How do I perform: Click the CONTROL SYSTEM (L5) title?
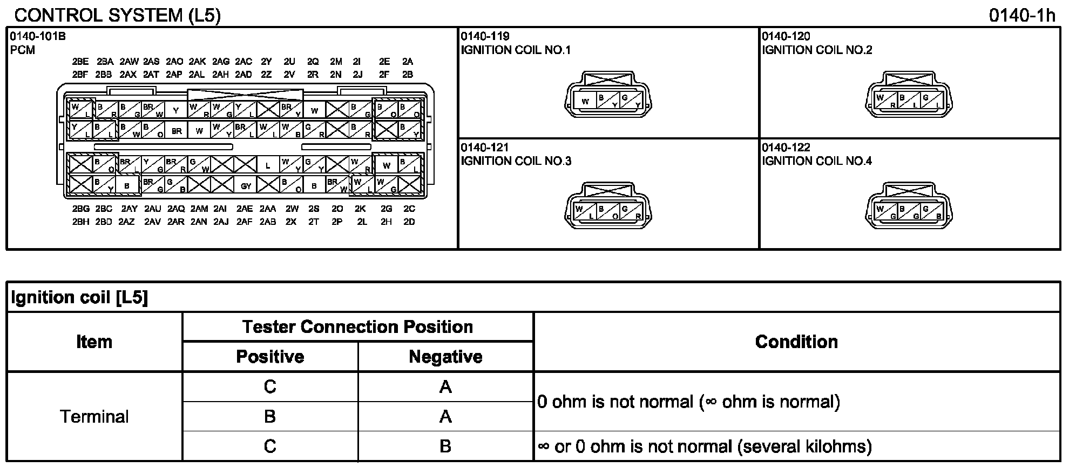coord(118,15)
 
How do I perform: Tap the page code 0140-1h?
coord(1021,15)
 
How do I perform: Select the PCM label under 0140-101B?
coord(23,50)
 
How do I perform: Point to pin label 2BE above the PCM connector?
coord(80,62)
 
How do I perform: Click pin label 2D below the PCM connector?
coord(409,222)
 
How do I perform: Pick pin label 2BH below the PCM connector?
coord(80,222)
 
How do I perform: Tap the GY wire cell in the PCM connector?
coord(246,186)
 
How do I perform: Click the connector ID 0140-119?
coord(485,37)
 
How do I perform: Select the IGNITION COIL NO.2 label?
coord(817,50)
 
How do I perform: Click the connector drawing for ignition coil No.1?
coord(607,94)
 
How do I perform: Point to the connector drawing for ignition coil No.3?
coord(607,205)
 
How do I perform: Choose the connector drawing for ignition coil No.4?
coord(909,205)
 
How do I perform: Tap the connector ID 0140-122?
coord(786,148)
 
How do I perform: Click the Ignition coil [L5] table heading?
coord(79,297)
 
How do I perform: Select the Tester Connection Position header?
coord(357,327)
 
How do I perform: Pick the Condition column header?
coord(796,342)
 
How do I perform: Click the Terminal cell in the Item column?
coord(94,416)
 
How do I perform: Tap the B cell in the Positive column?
coord(270,416)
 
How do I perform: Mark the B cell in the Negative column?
coord(445,446)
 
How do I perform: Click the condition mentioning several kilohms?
coord(705,446)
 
